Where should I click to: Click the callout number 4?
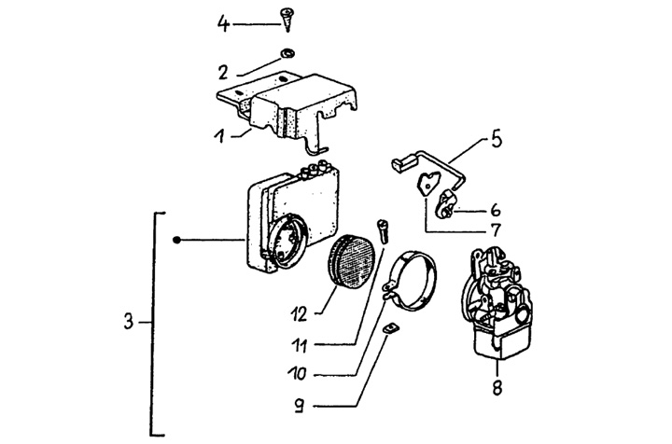[x=223, y=23]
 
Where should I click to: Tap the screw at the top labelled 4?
[x=287, y=19]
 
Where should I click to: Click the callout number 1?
[x=220, y=136]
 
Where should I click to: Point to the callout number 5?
[x=497, y=140]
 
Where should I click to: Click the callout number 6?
[x=496, y=210]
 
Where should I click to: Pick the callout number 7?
[x=496, y=230]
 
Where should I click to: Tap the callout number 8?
[x=497, y=388]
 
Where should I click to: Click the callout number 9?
[x=300, y=406]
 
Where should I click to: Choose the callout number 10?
[x=297, y=373]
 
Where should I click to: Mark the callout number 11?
[x=300, y=345]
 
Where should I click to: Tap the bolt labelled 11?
[x=382, y=232]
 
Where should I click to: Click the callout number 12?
[x=300, y=315]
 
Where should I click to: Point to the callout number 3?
[x=129, y=321]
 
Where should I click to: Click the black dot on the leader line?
[x=176, y=241]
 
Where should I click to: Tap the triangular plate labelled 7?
[x=427, y=183]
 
